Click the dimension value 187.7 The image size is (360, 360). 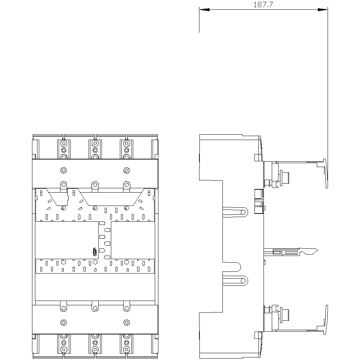(x=263, y=5)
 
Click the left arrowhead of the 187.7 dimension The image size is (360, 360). (x=204, y=10)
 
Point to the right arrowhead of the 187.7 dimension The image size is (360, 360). (x=323, y=10)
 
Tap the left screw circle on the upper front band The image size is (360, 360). (x=64, y=170)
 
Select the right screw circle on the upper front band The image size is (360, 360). (x=126, y=170)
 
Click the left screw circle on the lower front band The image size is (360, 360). (x=64, y=323)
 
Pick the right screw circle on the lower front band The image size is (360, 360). (x=126, y=323)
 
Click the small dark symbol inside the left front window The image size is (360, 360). (x=95, y=252)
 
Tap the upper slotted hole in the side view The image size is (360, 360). (x=243, y=212)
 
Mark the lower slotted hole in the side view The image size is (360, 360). (x=243, y=280)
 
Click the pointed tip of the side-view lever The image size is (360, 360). (x=317, y=250)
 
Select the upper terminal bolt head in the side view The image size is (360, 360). (x=285, y=176)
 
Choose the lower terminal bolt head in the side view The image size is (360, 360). (x=285, y=314)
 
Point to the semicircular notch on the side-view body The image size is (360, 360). (x=240, y=267)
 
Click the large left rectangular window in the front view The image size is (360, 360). (x=67, y=240)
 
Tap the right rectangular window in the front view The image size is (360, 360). (x=133, y=240)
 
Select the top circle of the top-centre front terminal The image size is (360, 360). (x=95, y=144)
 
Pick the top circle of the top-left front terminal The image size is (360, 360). (x=64, y=144)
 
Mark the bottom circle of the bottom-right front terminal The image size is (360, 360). (x=126, y=350)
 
